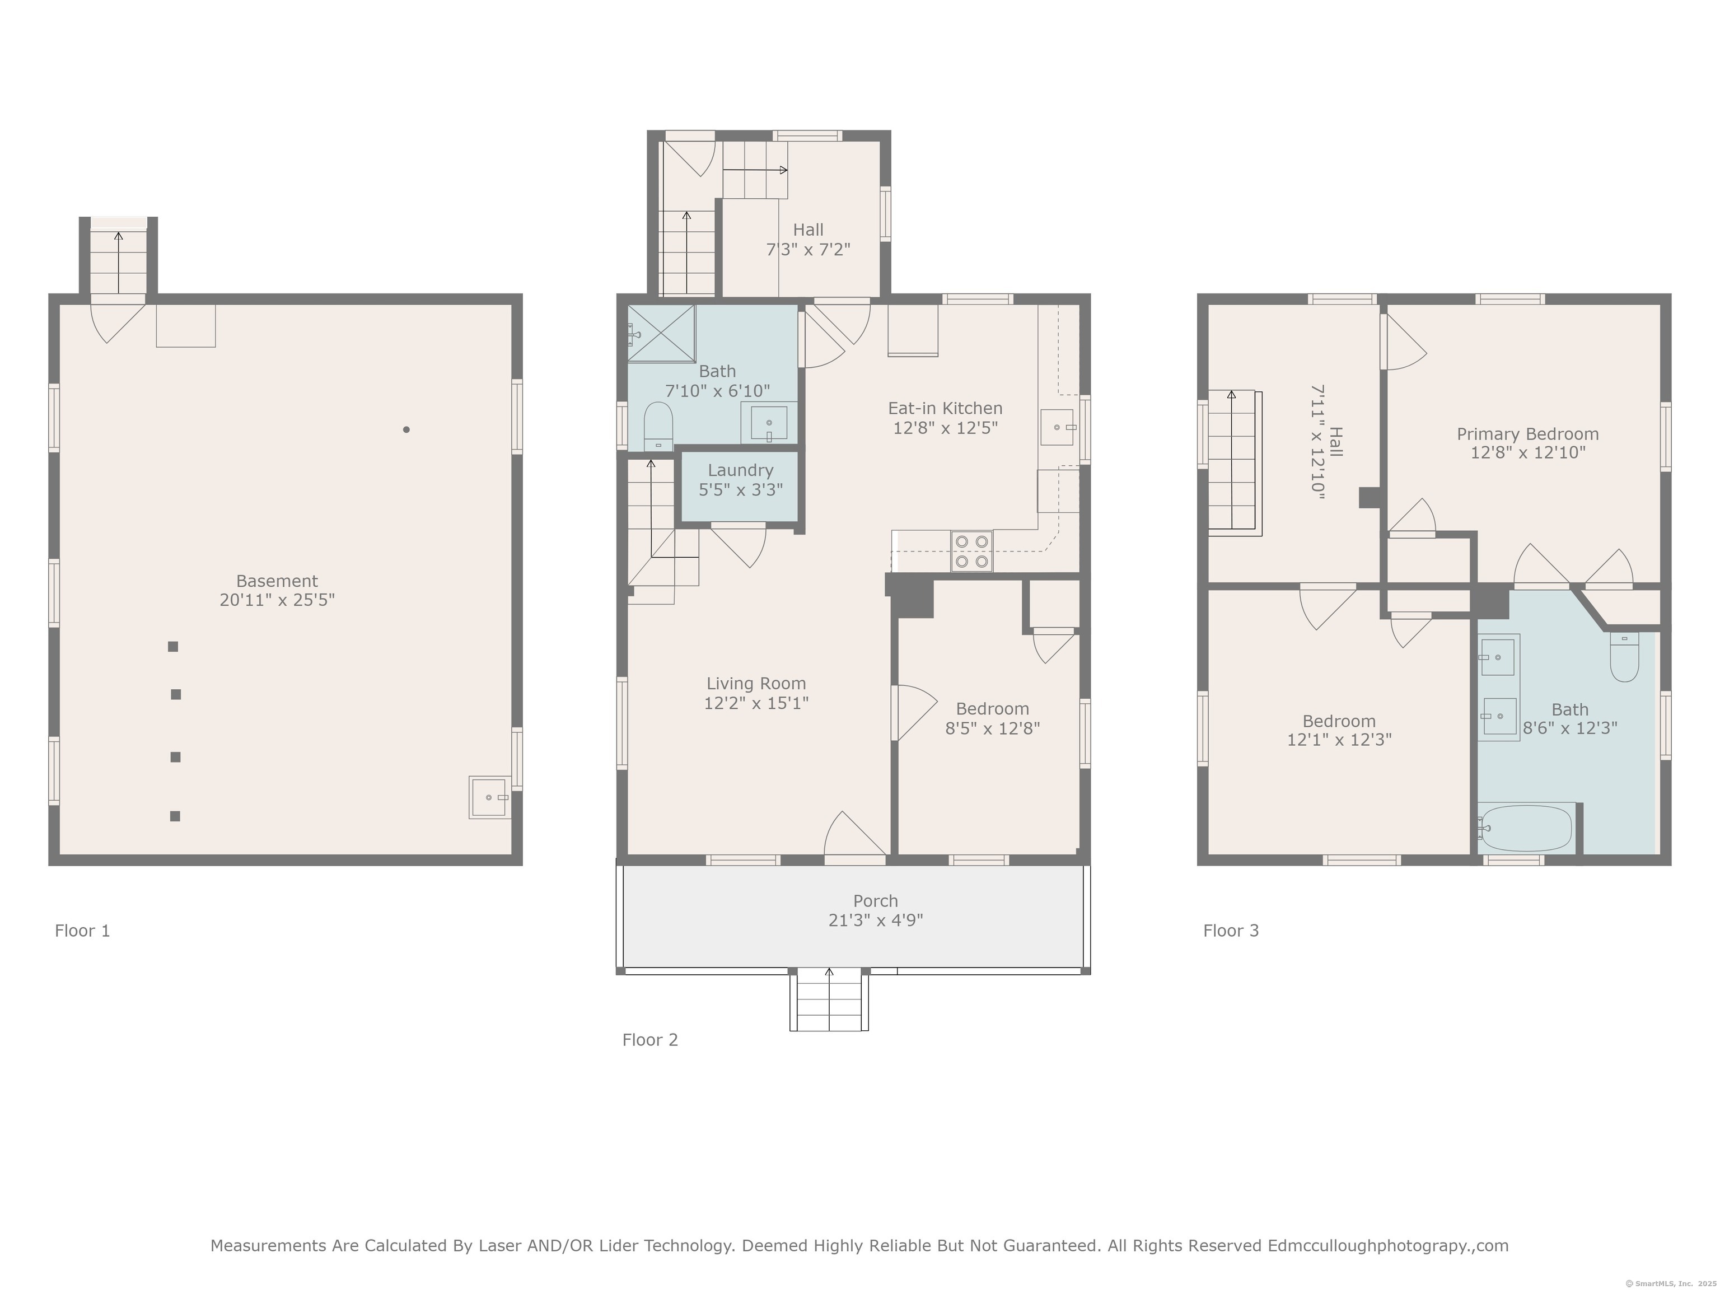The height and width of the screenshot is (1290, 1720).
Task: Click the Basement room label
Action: [x=277, y=581]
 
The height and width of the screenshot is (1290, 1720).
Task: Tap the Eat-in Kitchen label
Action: [x=945, y=408]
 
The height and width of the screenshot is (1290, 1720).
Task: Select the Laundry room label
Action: [x=740, y=470]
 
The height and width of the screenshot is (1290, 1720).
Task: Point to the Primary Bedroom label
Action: [x=1527, y=434]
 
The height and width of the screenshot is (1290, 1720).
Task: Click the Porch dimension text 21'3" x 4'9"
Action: [x=876, y=920]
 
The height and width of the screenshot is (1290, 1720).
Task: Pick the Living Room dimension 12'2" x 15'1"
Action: [x=756, y=703]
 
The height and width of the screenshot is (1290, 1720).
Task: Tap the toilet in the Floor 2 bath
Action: [x=658, y=426]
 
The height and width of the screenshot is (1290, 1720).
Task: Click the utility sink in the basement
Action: [x=489, y=797]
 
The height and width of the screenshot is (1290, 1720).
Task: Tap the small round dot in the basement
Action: [x=406, y=429]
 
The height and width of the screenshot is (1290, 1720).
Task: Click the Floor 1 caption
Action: [x=82, y=931]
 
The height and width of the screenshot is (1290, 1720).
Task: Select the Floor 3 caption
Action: [x=1231, y=931]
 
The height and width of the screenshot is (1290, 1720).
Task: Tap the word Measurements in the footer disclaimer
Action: [x=268, y=1246]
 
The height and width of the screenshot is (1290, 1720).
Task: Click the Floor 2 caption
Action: [x=650, y=1040]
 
